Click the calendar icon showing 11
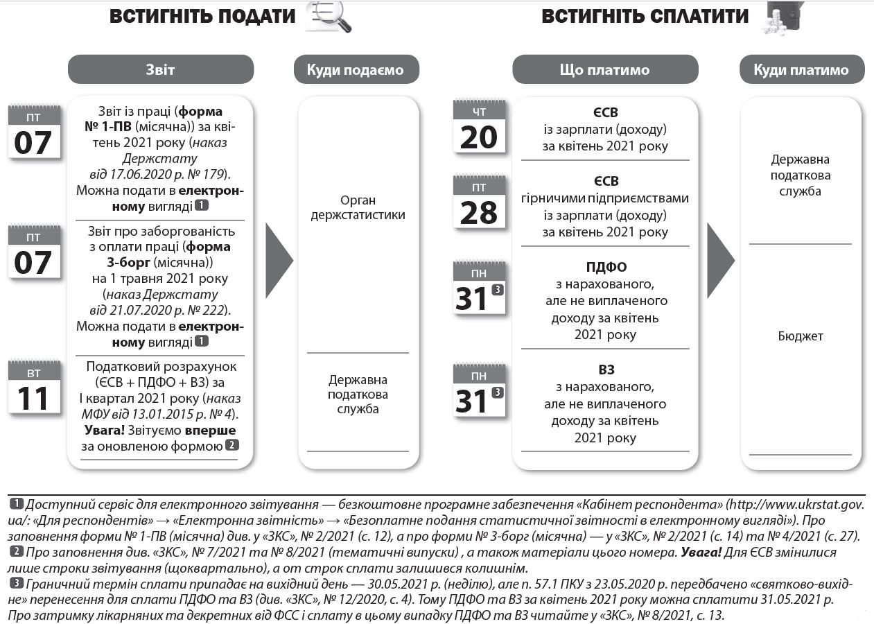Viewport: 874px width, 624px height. coord(33,388)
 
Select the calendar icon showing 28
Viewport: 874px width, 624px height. coord(478,202)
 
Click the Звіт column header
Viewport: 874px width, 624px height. coord(160,70)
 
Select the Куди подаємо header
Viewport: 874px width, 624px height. coord(358,70)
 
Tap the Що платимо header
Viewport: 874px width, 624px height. coord(604,70)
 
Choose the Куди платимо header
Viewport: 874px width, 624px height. coord(801,70)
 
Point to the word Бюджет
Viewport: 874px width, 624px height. coord(801,336)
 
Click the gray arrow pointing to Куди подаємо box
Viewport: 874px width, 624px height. coord(279,261)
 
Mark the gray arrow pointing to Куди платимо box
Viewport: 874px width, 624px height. coord(719,261)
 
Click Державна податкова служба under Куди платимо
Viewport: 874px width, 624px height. coord(801,175)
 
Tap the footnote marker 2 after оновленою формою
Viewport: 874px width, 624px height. coord(232,445)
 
